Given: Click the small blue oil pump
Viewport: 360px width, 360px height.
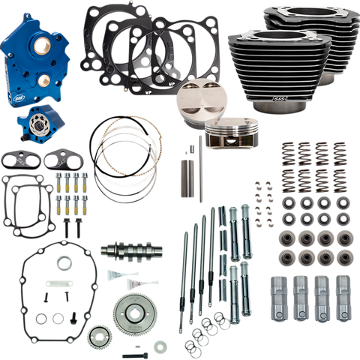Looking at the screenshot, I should point(37,123).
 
